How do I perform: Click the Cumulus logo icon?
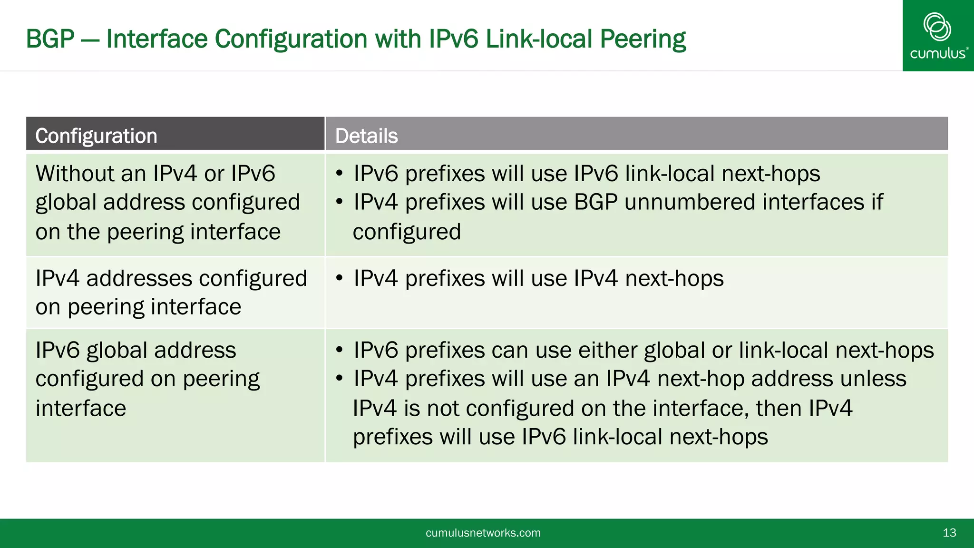tap(937, 27)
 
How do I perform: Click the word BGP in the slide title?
tap(50, 39)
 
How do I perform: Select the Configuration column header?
tap(96, 136)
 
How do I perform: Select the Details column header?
tap(366, 136)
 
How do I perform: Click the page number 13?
tap(949, 533)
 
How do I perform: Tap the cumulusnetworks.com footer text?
tap(483, 533)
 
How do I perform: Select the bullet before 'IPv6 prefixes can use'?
tap(339, 350)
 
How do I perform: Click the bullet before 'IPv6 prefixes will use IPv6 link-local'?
tap(339, 173)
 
